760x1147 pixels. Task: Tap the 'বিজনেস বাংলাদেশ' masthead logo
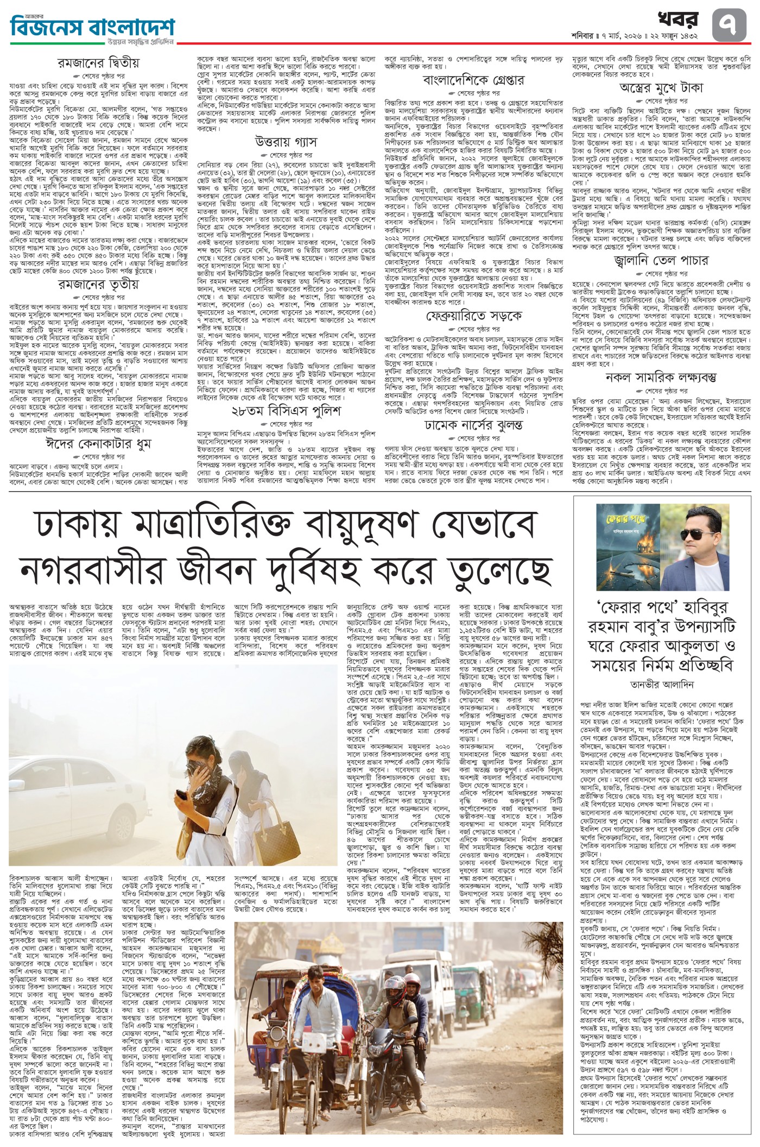[92, 25]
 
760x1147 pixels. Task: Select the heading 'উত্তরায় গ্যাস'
[286, 142]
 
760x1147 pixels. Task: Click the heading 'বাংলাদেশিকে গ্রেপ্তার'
[473, 80]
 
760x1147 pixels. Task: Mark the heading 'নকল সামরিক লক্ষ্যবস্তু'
[661, 377]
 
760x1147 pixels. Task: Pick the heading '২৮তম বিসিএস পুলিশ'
[286, 411]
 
